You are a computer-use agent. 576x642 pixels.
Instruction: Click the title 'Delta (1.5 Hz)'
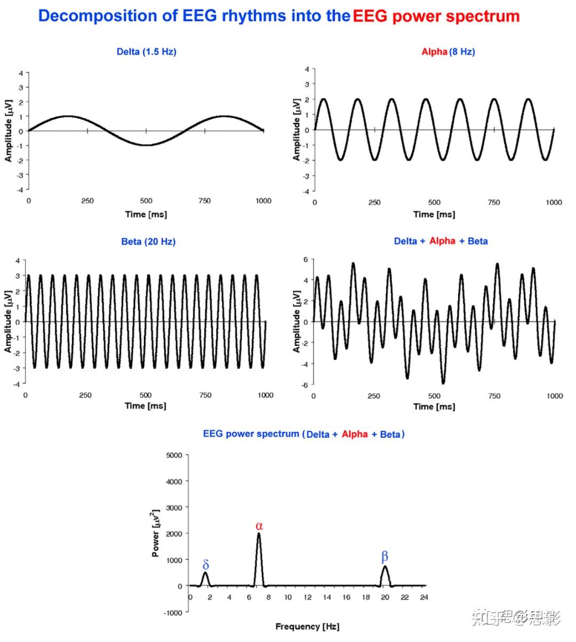tap(146, 52)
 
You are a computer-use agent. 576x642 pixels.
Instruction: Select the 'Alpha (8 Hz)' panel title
tap(448, 52)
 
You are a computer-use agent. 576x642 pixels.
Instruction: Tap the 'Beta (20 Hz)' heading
tap(148, 242)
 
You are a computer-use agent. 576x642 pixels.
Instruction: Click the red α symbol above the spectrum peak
tap(259, 526)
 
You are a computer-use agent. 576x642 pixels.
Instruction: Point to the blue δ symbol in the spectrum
tap(206, 565)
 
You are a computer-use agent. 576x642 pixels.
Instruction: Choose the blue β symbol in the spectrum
tap(385, 557)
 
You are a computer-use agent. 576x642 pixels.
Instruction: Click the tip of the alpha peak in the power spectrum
tap(259, 534)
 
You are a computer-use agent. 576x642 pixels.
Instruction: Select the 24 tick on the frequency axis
tap(423, 597)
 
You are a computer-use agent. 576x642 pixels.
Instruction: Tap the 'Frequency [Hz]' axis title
tap(307, 627)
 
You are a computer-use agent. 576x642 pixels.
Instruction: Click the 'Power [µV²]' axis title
tap(156, 533)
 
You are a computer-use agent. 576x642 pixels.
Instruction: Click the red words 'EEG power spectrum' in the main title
tap(436, 16)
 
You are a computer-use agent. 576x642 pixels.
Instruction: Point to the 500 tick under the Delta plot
tap(146, 201)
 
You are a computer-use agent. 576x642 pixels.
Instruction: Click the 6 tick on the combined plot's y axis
tap(306, 259)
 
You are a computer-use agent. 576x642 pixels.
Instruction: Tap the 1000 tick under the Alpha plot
tap(554, 203)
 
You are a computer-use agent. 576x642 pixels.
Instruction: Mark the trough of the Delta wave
tap(146, 145)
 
